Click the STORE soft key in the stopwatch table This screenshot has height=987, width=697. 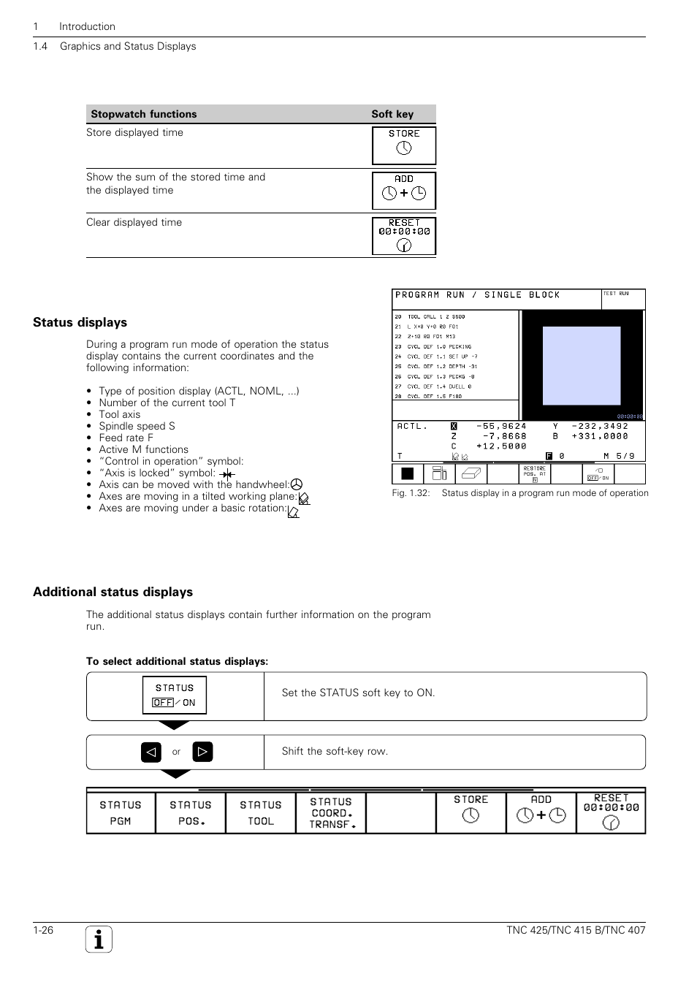pos(404,145)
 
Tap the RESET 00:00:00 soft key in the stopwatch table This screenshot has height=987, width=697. pos(404,235)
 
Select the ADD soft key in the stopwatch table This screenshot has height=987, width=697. pos(404,190)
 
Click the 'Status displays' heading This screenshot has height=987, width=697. pos(80,322)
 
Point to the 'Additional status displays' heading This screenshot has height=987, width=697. pos(113,592)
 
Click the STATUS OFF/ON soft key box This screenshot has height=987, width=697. pos(174,695)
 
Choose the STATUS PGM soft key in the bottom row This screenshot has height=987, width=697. pos(121,812)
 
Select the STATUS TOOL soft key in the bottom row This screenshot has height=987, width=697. pos(261,812)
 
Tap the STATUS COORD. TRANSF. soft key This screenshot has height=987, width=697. pos(331,812)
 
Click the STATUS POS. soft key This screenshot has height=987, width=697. pos(191,812)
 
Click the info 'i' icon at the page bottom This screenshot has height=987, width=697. pos(99,940)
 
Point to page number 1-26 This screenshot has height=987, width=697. pos(43,930)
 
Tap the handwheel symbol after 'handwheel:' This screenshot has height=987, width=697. pos(297,484)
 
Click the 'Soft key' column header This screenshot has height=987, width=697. pos(392,114)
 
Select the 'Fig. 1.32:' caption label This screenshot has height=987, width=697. pos(409,493)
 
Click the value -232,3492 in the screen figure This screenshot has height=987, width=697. pos(599,426)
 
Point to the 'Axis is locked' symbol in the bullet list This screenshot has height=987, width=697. pos(227,474)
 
